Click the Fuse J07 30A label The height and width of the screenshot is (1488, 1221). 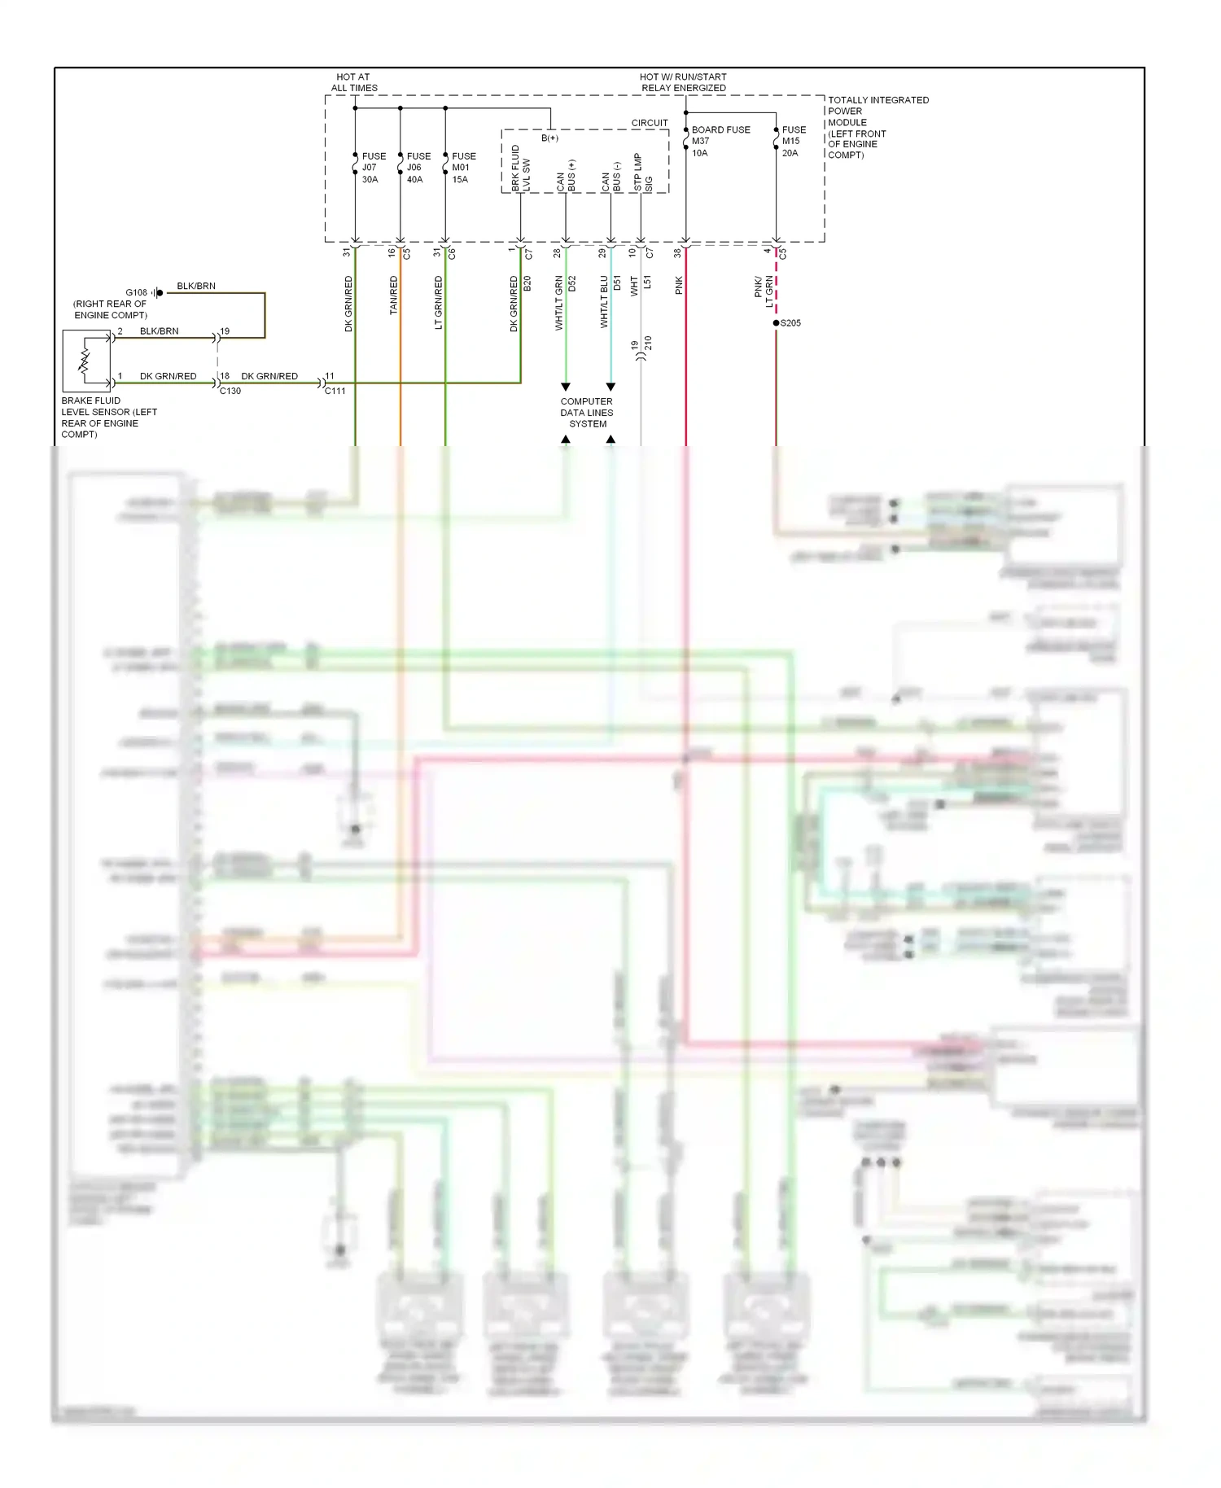[373, 168]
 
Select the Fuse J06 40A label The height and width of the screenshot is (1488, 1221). [418, 168]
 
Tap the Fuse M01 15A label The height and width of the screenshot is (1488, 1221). [463, 168]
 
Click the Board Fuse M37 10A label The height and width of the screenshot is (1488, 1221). [719, 141]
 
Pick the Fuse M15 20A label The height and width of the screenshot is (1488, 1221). [793, 141]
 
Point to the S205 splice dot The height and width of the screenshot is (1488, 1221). [776, 323]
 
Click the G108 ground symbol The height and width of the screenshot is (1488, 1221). [158, 292]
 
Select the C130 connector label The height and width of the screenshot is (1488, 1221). [230, 391]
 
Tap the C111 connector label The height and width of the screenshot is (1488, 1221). [335, 391]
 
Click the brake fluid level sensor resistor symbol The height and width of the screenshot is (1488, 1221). [85, 361]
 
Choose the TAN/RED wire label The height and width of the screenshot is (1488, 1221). [394, 295]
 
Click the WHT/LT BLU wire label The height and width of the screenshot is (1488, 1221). [604, 302]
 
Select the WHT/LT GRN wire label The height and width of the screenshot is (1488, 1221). [559, 303]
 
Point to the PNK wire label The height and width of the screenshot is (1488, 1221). [679, 285]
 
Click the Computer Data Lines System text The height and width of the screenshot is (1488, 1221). [587, 413]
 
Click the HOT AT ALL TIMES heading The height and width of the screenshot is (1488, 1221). [353, 82]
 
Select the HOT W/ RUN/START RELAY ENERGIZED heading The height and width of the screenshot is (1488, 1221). [683, 82]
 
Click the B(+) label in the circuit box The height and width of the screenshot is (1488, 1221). [550, 138]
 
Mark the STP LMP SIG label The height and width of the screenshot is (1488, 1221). [643, 173]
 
